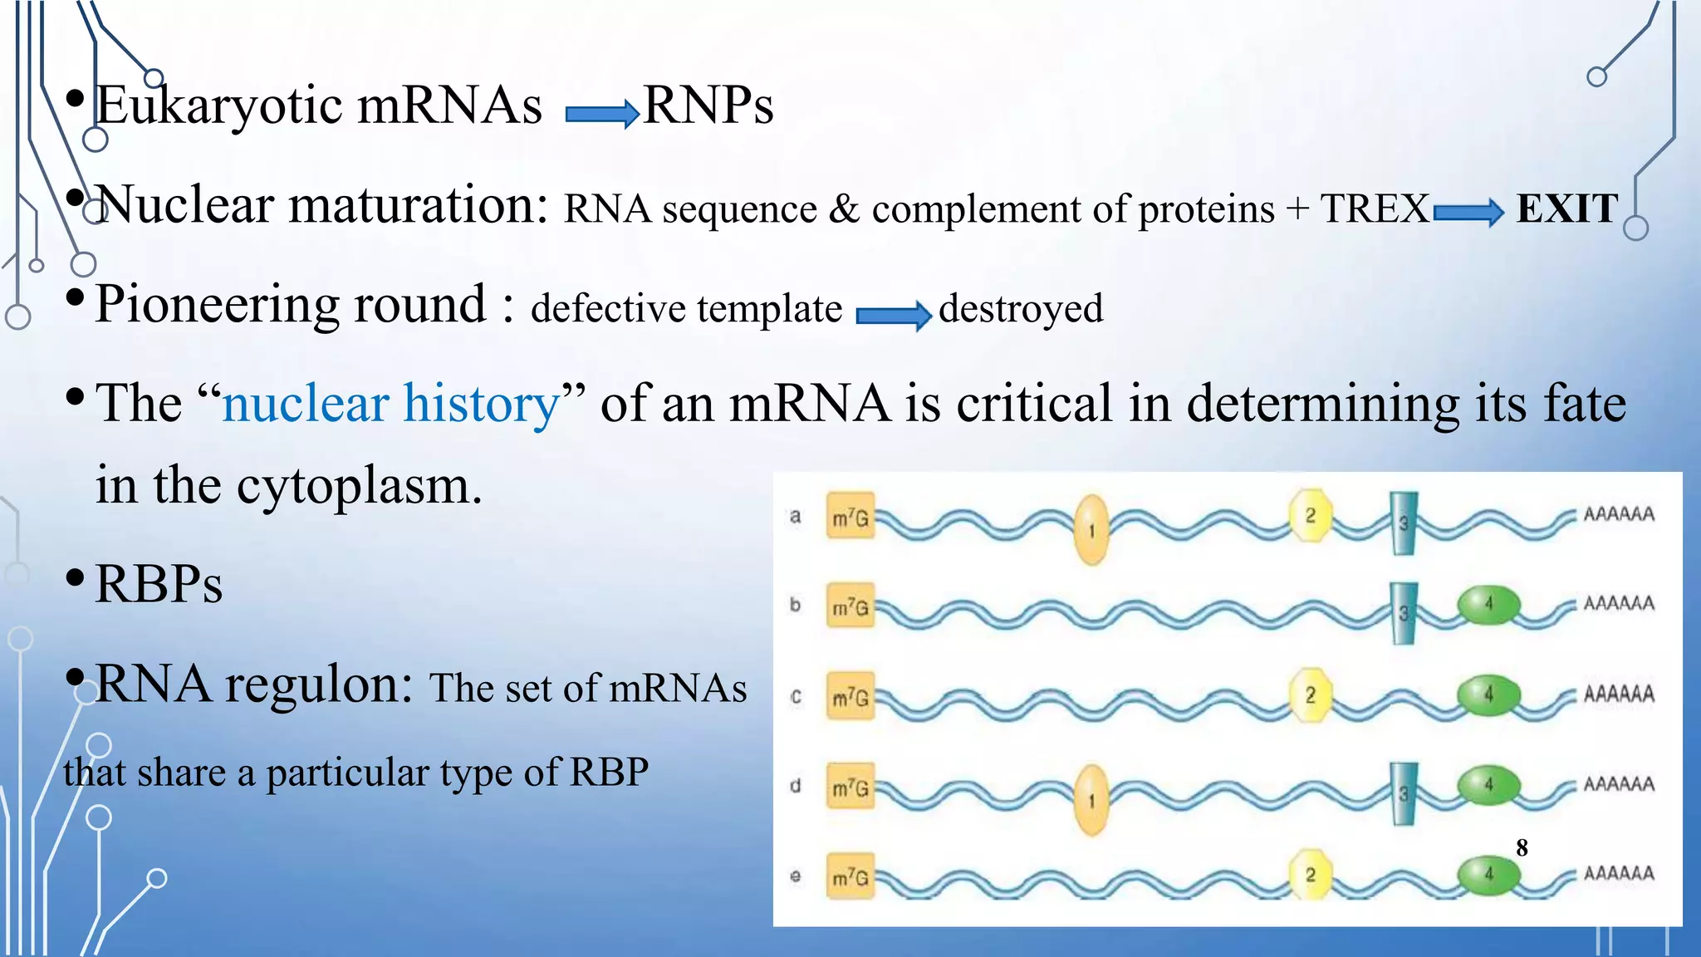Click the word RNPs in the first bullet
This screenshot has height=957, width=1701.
coord(708,106)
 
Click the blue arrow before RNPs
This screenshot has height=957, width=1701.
coord(601,113)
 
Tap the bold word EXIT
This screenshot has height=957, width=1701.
coord(1567,209)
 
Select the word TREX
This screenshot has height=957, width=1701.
coord(1375,209)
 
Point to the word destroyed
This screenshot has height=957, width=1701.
coord(1021,308)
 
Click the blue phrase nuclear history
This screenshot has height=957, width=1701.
coord(391,404)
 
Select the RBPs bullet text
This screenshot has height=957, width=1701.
coord(159,584)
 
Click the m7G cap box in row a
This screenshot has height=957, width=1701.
coord(850,516)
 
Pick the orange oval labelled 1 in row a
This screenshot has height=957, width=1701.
coord(1091,529)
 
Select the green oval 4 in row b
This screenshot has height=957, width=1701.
coord(1488,604)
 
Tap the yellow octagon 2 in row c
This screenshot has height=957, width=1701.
coord(1310,694)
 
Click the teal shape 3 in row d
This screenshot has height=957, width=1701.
coord(1403,793)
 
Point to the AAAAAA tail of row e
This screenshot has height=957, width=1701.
coord(1618,873)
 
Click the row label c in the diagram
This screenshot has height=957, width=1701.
coord(796,696)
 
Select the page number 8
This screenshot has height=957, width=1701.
coord(1522,847)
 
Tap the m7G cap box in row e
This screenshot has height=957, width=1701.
coord(850,876)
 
